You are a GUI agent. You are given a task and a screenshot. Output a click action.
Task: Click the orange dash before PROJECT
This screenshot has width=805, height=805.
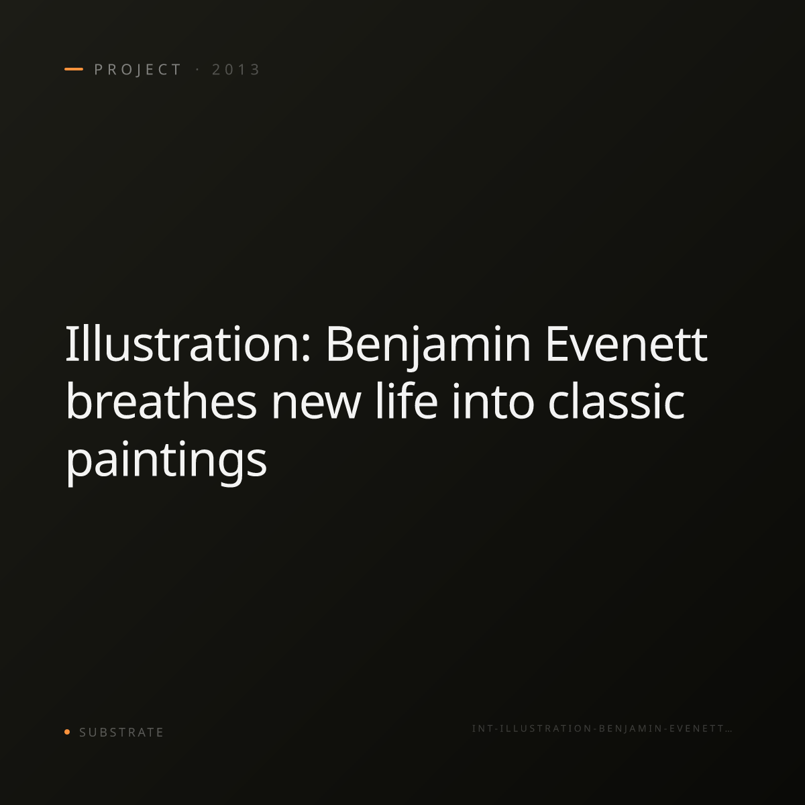[74, 69]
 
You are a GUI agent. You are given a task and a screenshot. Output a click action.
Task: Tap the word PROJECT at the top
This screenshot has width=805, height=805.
[138, 70]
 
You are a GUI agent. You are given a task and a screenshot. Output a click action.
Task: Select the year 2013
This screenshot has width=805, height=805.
[235, 69]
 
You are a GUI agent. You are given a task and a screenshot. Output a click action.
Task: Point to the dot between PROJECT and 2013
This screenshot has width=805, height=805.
[197, 69]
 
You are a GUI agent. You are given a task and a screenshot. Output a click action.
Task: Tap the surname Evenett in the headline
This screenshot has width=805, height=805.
[626, 344]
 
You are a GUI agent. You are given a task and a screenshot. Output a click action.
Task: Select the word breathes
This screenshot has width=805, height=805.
[161, 400]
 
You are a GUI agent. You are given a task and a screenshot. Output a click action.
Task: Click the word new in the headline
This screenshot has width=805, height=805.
[316, 405]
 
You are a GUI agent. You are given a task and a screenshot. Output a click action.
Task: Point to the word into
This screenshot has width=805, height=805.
[493, 401]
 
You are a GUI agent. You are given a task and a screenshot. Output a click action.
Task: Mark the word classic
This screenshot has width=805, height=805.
[616, 400]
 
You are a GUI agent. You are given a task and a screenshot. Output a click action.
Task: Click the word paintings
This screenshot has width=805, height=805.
[166, 462]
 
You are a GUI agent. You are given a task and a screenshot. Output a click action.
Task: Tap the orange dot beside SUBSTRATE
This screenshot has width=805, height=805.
[67, 731]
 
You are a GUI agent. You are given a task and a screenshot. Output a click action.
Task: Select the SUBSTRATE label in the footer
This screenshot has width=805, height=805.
[121, 733]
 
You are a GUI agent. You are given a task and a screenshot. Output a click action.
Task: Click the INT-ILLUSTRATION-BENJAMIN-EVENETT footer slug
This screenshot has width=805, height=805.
[602, 729]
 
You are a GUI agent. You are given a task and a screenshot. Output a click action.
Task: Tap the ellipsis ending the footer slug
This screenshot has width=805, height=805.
[729, 731]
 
